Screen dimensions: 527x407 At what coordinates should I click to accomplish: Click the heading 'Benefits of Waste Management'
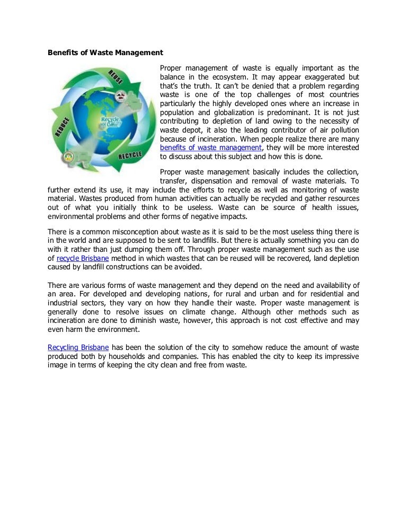tap(105, 53)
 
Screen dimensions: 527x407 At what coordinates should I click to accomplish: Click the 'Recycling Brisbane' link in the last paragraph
tap(78, 347)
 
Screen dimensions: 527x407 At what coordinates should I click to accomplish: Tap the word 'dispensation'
tap(213, 181)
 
